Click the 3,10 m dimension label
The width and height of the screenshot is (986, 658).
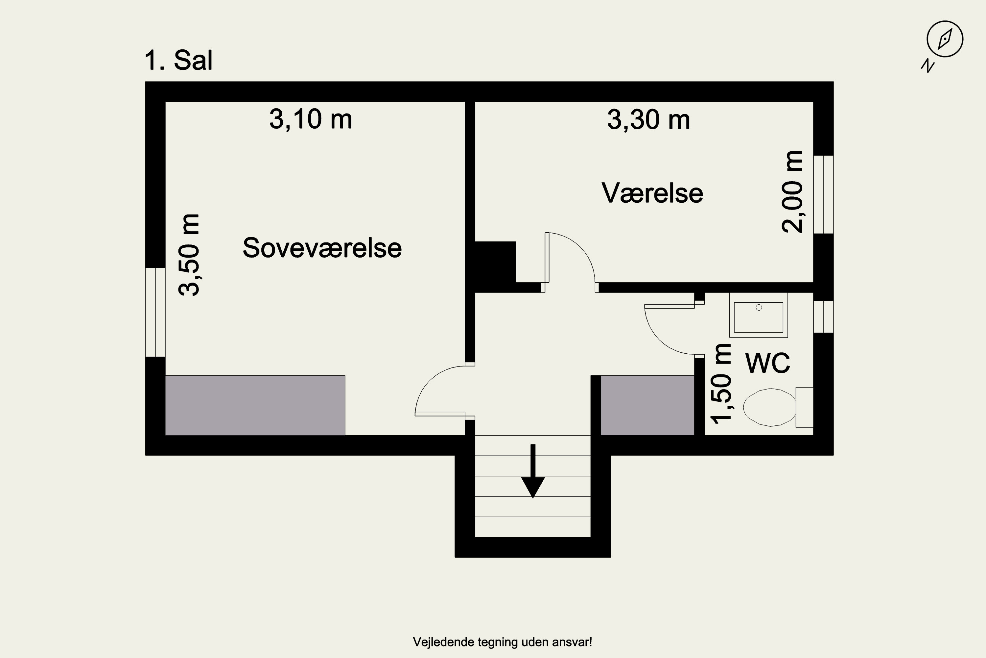point(311,119)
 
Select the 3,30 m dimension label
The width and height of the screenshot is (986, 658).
point(648,120)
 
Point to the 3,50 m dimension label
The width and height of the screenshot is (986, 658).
point(189,255)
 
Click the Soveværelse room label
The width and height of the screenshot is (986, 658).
point(322,248)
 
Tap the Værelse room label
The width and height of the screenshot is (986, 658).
point(652,193)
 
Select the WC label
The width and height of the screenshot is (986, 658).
point(767,363)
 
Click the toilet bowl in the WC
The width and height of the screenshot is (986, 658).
point(769,407)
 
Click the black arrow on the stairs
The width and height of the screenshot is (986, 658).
point(533,471)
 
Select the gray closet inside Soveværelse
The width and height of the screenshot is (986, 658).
point(255,405)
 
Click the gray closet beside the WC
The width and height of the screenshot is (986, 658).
point(647,405)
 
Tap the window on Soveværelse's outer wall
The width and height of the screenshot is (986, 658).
point(155,312)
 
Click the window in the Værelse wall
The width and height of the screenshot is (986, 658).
point(823,194)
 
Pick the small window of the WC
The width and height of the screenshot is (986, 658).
point(823,317)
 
